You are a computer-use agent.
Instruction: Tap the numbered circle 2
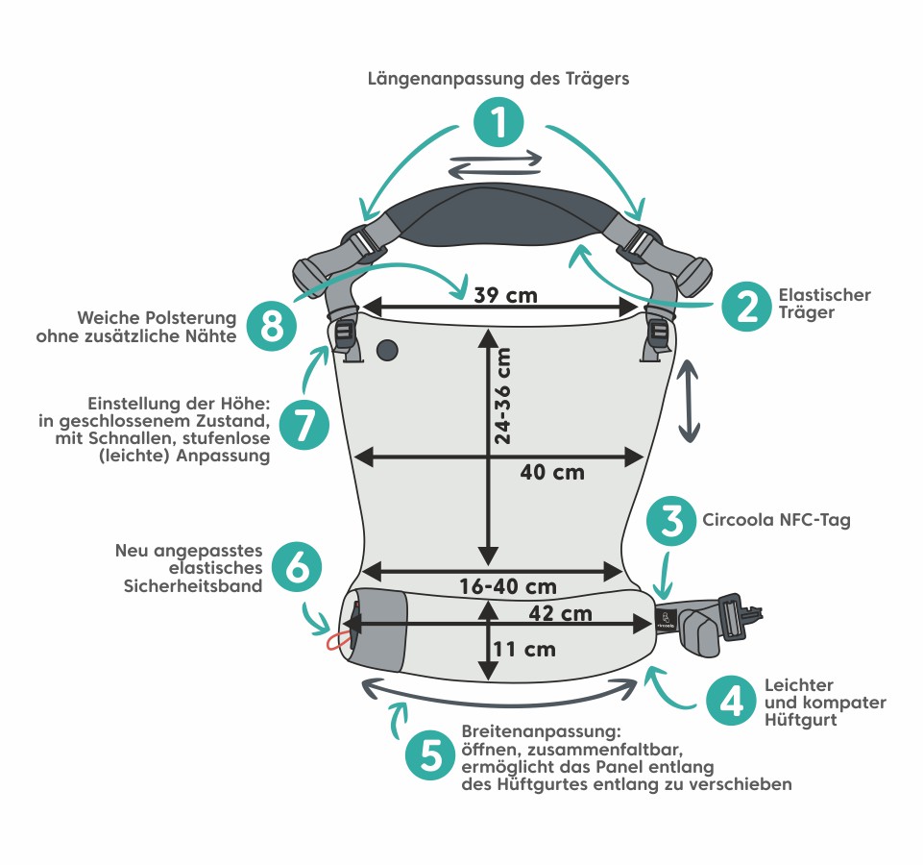click(745, 305)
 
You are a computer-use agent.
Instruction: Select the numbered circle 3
click(672, 521)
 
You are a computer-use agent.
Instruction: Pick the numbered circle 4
click(731, 701)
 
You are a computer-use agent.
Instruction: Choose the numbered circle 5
click(430, 755)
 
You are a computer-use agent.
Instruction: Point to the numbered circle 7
click(304, 424)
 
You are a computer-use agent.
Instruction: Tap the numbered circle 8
click(272, 324)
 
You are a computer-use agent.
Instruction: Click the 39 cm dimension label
click(506, 295)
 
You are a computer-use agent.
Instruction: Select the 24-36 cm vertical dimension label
click(502, 393)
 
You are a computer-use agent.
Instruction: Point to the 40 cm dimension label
click(551, 472)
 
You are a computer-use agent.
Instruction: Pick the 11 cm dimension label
click(523, 649)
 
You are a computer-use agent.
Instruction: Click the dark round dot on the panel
click(388, 351)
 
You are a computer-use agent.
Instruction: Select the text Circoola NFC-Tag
click(777, 520)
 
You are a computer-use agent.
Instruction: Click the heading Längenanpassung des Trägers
click(498, 79)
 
